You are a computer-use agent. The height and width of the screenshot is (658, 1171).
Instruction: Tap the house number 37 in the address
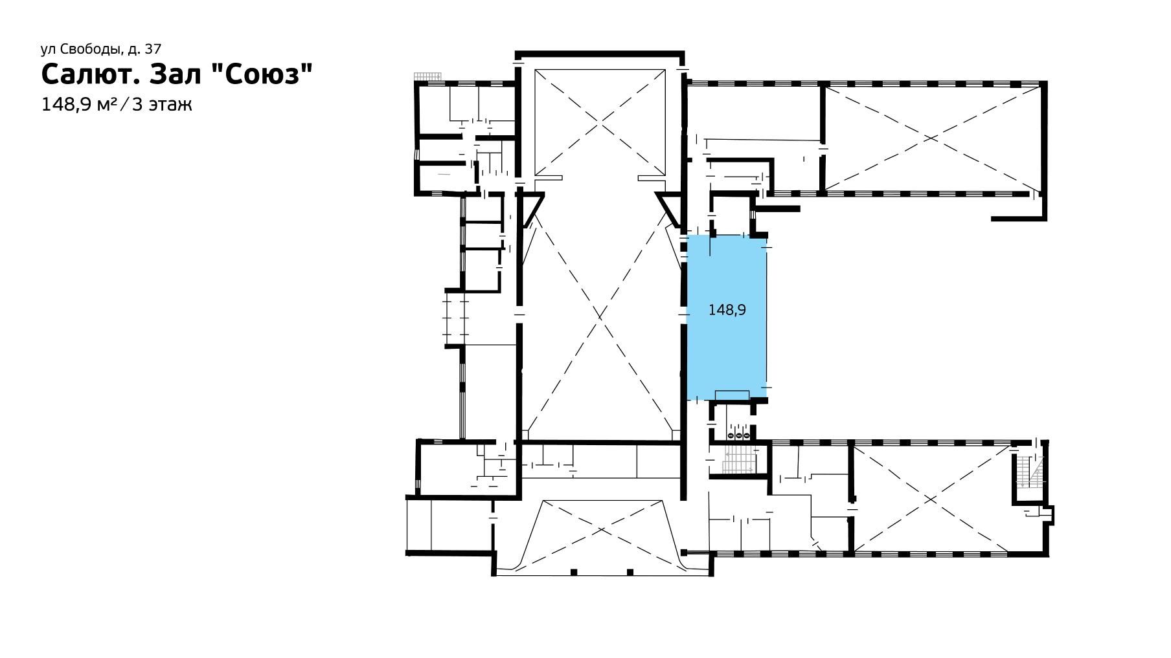click(x=153, y=49)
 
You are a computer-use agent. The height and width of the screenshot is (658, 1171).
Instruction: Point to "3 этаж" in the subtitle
click(x=162, y=105)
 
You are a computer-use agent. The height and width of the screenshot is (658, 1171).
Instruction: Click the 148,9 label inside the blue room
click(x=727, y=311)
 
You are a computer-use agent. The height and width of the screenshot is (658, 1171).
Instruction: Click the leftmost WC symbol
click(x=730, y=436)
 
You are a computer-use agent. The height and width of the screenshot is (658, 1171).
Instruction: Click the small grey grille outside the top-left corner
click(x=427, y=76)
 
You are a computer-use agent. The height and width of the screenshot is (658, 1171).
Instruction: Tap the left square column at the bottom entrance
click(x=574, y=571)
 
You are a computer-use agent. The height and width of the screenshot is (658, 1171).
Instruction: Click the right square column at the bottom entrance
click(x=630, y=571)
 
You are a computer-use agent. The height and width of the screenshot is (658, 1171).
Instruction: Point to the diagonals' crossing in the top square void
click(x=600, y=121)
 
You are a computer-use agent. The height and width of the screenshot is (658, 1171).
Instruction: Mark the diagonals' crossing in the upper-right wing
click(x=931, y=138)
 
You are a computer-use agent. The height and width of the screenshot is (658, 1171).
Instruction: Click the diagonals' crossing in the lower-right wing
click(x=931, y=498)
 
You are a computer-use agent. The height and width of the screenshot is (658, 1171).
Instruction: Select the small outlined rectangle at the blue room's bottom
click(x=732, y=396)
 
